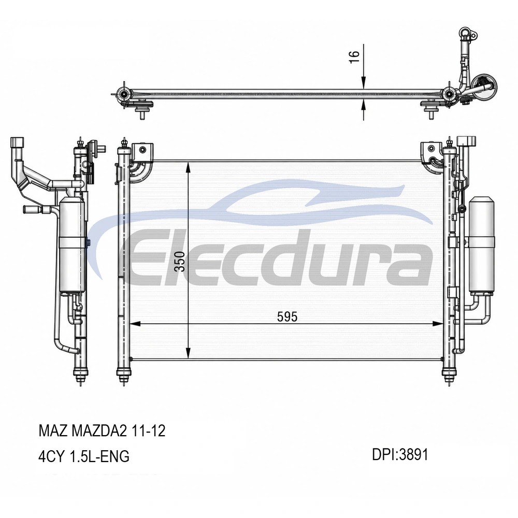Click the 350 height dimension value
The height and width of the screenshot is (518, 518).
[180, 261]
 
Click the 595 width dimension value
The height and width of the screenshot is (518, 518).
[287, 317]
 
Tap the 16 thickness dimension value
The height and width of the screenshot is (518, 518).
[354, 57]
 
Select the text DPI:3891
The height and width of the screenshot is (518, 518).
[400, 454]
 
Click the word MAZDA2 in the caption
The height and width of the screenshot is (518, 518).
[99, 430]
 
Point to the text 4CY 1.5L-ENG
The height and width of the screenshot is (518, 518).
[84, 456]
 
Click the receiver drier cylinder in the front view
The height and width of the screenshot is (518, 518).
[482, 244]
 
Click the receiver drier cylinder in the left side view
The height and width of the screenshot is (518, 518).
[71, 245]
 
